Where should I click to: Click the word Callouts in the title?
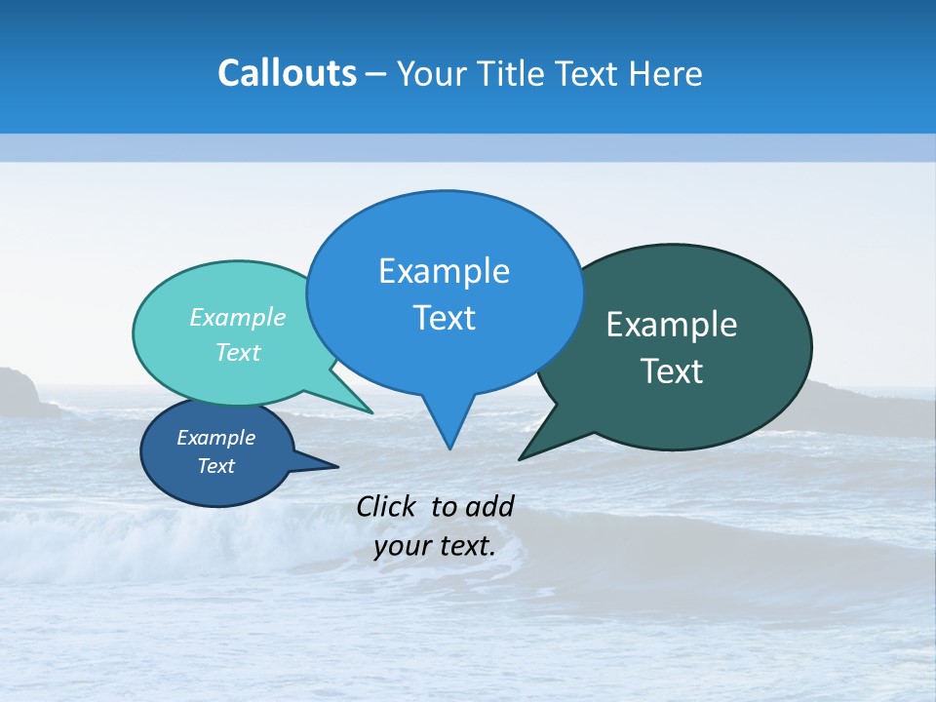[x=287, y=73]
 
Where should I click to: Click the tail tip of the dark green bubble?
[x=521, y=458]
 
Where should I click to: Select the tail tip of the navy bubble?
[x=337, y=466]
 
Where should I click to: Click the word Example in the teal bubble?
[x=238, y=317]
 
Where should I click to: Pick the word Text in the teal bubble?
[x=238, y=352]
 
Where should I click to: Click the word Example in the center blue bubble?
[x=444, y=271]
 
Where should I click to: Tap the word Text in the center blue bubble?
[x=444, y=318]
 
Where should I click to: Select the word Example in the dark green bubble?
[x=672, y=325]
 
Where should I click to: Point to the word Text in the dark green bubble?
[x=672, y=371]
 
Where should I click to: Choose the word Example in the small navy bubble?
[x=216, y=438]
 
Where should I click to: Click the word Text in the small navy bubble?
[x=216, y=466]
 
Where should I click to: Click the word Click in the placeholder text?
[x=388, y=506]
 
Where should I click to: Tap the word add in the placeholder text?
[x=489, y=506]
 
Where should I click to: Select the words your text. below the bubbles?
[x=435, y=546]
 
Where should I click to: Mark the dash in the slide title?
[x=377, y=74]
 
